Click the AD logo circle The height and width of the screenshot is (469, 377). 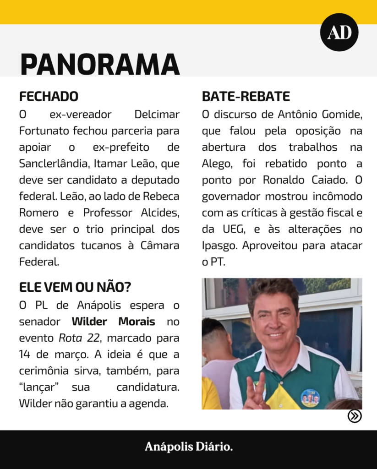[x=339, y=32]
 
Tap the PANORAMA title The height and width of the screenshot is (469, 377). [x=100, y=64]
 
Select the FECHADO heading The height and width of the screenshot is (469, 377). [x=49, y=97]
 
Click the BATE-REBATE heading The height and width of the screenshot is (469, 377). [x=246, y=97]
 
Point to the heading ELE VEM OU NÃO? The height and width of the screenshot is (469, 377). [x=75, y=287]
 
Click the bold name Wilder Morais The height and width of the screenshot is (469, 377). [x=113, y=322]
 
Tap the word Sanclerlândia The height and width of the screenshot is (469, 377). [x=52, y=164]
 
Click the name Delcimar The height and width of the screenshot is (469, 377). [x=157, y=115]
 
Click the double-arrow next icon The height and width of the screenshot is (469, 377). [x=355, y=416]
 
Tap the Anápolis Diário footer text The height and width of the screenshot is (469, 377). [x=188, y=447]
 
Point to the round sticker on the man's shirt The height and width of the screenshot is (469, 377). [x=310, y=398]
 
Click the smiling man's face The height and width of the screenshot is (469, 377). [x=275, y=321]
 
